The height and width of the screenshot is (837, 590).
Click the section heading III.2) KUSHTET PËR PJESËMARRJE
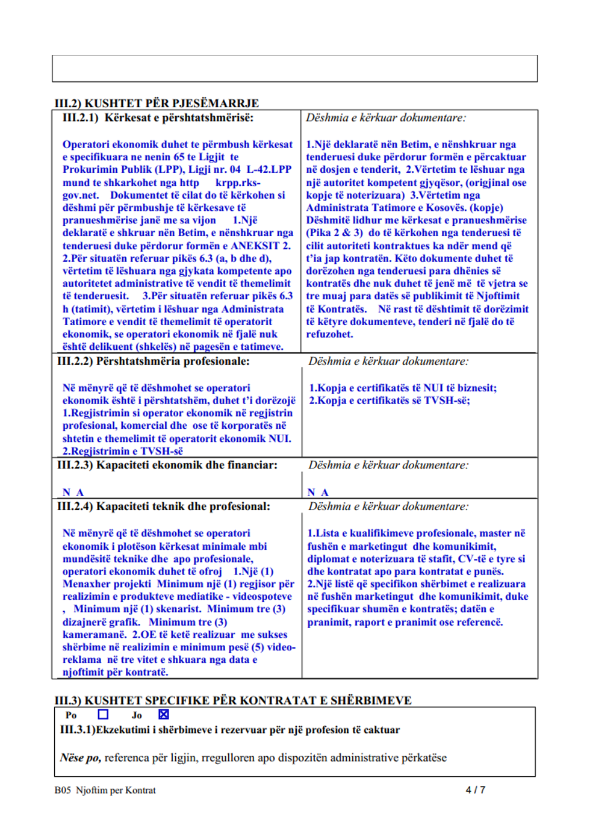pyautogui.click(x=157, y=103)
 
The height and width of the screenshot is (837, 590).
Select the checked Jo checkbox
pyautogui.click(x=164, y=714)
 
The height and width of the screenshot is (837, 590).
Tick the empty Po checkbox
pyautogui.click(x=103, y=714)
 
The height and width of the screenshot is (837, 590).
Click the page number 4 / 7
pyautogui.click(x=475, y=790)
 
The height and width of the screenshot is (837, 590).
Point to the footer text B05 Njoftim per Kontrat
pyautogui.click(x=105, y=790)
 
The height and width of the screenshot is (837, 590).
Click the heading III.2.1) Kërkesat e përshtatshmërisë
pyautogui.click(x=158, y=117)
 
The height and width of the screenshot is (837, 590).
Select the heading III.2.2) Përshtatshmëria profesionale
pyautogui.click(x=153, y=361)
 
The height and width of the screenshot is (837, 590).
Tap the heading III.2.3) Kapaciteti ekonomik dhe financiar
pyautogui.click(x=167, y=465)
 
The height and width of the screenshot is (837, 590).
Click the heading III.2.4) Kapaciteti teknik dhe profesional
pyautogui.click(x=163, y=506)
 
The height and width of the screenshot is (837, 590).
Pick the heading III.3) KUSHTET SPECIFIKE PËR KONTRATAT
pyautogui.click(x=233, y=700)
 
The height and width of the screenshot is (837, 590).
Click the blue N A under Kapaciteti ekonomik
pyautogui.click(x=73, y=492)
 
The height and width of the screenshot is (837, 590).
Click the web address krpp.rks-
pyautogui.click(x=238, y=182)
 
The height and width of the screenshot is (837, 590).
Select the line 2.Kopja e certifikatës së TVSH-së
pyautogui.click(x=390, y=400)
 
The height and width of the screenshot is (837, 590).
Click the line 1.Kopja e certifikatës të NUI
pyautogui.click(x=403, y=388)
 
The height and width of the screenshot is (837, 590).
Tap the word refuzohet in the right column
pyautogui.click(x=329, y=334)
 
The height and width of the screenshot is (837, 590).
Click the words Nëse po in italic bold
pyautogui.click(x=80, y=758)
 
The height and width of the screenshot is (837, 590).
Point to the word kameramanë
pyautogui.click(x=95, y=635)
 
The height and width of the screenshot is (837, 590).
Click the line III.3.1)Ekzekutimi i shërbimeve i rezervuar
pyautogui.click(x=229, y=730)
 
